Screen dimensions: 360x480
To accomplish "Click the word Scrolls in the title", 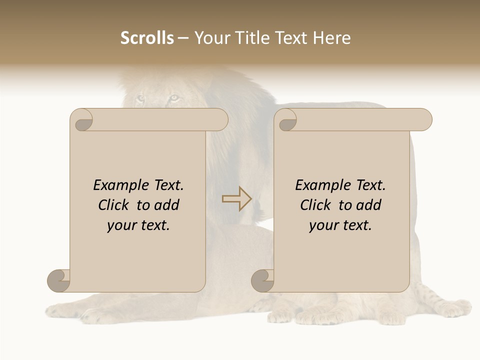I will [x=147, y=38].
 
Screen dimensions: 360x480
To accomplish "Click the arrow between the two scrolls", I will [x=236, y=198].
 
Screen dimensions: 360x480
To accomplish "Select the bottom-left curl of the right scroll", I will [x=263, y=280].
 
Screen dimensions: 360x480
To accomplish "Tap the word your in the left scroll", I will [x=120, y=225].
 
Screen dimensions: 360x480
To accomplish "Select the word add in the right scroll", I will [x=369, y=205].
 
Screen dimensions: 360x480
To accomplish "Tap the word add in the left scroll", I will [x=167, y=205].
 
